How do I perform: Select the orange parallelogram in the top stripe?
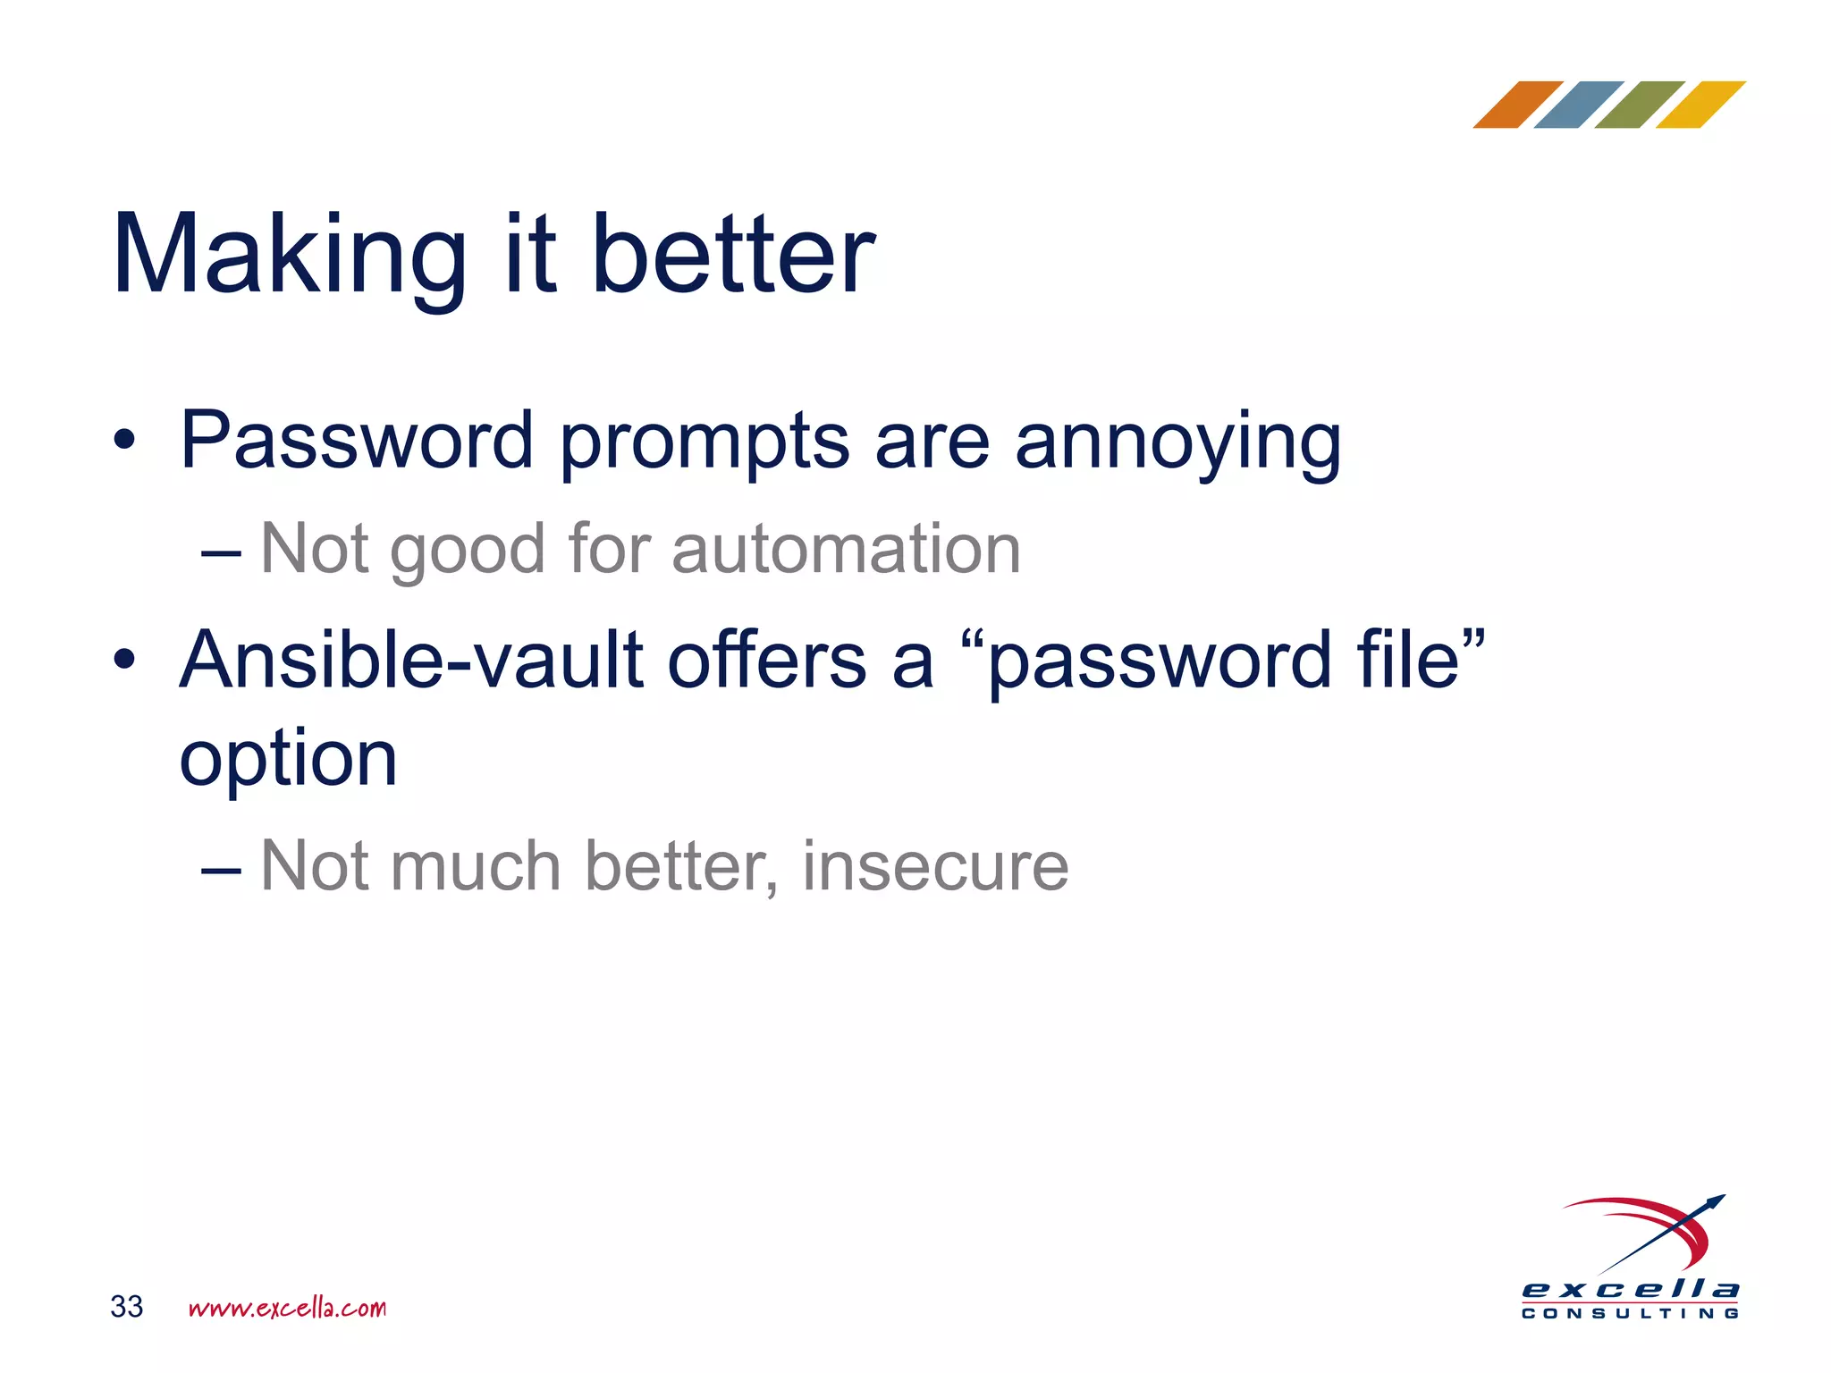1517,105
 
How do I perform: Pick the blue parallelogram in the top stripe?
1579,105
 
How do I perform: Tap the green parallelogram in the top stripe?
1640,105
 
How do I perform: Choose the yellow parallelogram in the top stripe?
1700,105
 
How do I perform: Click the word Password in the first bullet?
357,440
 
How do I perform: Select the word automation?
846,549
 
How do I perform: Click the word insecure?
935,866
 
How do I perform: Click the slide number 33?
126,1307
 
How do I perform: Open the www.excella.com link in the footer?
287,1308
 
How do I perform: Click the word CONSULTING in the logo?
1631,1314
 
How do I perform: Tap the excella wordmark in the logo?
1631,1290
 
